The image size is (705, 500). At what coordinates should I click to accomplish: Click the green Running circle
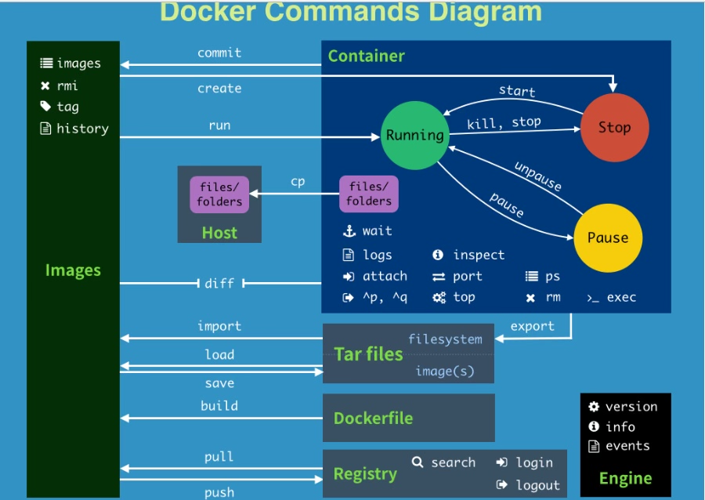(x=414, y=136)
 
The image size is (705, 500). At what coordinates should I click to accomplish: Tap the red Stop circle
(x=614, y=128)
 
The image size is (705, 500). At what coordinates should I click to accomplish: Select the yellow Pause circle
(x=607, y=237)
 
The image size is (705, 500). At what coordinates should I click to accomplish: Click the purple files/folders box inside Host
(x=219, y=194)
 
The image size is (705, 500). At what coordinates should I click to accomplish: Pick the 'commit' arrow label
(x=219, y=53)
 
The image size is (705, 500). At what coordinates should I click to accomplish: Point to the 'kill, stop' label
(x=504, y=123)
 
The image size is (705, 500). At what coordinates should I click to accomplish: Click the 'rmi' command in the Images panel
(x=67, y=85)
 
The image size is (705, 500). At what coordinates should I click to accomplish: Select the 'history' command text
(x=82, y=129)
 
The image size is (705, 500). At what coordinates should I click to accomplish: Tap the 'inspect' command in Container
(x=479, y=255)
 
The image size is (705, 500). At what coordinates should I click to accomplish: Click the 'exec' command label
(x=621, y=297)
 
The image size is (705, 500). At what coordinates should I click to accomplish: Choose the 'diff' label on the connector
(x=219, y=283)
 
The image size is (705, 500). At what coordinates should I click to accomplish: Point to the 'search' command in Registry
(x=453, y=462)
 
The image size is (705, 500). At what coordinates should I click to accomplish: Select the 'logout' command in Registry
(x=537, y=485)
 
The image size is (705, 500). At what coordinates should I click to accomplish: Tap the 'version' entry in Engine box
(x=631, y=406)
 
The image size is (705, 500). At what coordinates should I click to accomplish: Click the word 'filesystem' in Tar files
(x=445, y=339)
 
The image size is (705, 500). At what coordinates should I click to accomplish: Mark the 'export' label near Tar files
(x=532, y=326)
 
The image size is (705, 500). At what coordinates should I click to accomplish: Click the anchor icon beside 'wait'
(x=349, y=231)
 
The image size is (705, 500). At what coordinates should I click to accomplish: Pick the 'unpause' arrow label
(x=537, y=176)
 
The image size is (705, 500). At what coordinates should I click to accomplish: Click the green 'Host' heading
(x=219, y=233)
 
